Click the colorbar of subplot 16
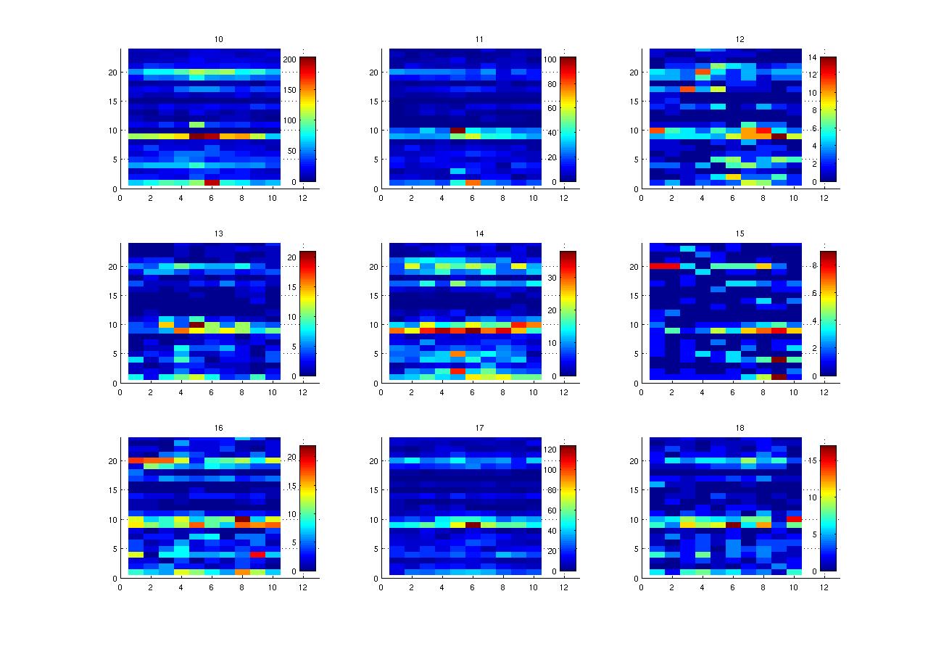coord(307,508)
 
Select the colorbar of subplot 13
coord(307,313)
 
